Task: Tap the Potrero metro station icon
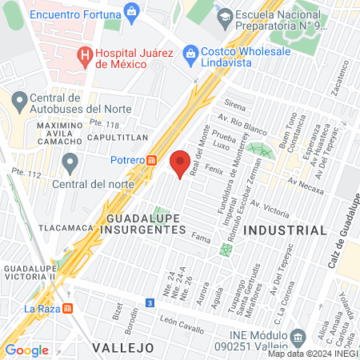151,160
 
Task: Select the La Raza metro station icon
68,309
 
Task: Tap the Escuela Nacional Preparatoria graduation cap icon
226,16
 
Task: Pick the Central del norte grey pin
70,164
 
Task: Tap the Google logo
26,350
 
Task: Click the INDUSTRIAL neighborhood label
286,230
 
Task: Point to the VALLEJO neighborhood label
122,347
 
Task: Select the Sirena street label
235,105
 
